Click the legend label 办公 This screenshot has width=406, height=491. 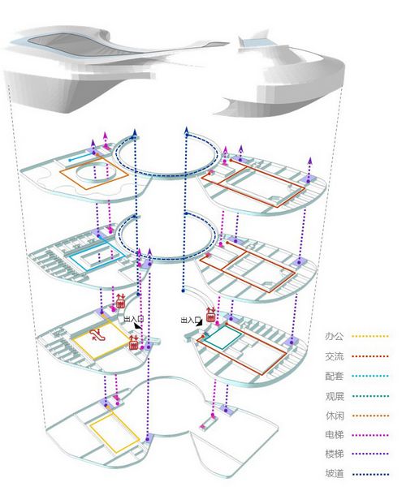coord(334,336)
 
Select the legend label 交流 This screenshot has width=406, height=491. coord(334,356)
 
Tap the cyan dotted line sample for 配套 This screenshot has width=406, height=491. coord(370,376)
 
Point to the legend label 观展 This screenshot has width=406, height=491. coord(334,396)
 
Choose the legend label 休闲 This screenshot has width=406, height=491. coord(334,416)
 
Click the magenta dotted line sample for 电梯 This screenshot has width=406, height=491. coord(370,435)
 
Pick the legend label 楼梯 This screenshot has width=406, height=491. coord(334,454)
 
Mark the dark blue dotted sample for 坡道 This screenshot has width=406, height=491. coord(370,475)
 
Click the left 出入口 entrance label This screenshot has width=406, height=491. coord(134,319)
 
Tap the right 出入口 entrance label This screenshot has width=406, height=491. coord(191,320)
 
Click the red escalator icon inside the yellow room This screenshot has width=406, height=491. coord(96,335)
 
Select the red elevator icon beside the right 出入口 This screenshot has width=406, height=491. coord(210,315)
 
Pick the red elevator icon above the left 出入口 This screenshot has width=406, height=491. coord(121,301)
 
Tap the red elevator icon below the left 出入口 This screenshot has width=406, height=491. coord(134,342)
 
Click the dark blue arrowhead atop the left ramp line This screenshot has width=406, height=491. coord(135,132)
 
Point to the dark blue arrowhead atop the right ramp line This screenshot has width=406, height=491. coord(187,131)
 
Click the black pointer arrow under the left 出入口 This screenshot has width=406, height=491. coord(137,326)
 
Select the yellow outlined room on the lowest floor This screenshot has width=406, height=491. coord(114,433)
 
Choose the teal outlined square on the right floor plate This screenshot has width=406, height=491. coord(222,337)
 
